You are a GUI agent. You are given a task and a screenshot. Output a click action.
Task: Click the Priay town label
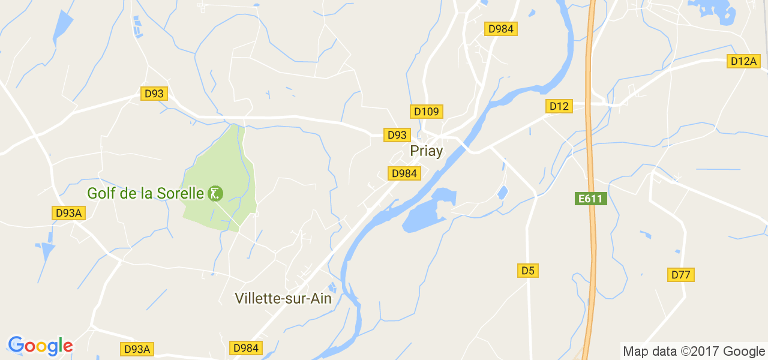(x=426, y=151)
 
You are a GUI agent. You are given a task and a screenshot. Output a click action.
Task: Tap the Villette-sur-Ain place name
(x=283, y=298)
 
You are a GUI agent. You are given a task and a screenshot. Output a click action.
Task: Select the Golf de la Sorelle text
(x=146, y=194)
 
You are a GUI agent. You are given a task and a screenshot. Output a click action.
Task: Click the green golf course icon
(x=215, y=194)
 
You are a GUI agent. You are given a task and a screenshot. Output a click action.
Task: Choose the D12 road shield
(x=559, y=106)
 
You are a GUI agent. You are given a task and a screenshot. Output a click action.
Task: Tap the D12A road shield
(x=743, y=61)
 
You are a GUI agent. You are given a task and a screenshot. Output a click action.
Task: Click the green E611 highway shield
(x=591, y=199)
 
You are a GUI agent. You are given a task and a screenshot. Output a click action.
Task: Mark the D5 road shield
(x=527, y=271)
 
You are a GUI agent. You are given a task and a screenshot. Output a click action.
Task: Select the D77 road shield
(x=681, y=275)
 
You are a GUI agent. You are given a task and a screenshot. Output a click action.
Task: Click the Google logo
(x=40, y=346)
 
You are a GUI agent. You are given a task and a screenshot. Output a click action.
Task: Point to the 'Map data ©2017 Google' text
(x=694, y=352)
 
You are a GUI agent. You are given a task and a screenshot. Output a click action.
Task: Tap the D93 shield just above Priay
(x=397, y=135)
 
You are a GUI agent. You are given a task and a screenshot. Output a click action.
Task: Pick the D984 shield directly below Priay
(x=404, y=173)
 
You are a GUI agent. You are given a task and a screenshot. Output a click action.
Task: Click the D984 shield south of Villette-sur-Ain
(x=246, y=348)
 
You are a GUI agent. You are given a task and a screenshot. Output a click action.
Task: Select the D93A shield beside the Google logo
(x=137, y=349)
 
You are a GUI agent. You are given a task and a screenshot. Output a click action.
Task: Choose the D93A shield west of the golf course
(x=68, y=213)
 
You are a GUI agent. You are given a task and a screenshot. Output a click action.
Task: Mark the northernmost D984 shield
(x=501, y=29)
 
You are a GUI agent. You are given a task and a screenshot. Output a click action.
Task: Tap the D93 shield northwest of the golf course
(x=154, y=94)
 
